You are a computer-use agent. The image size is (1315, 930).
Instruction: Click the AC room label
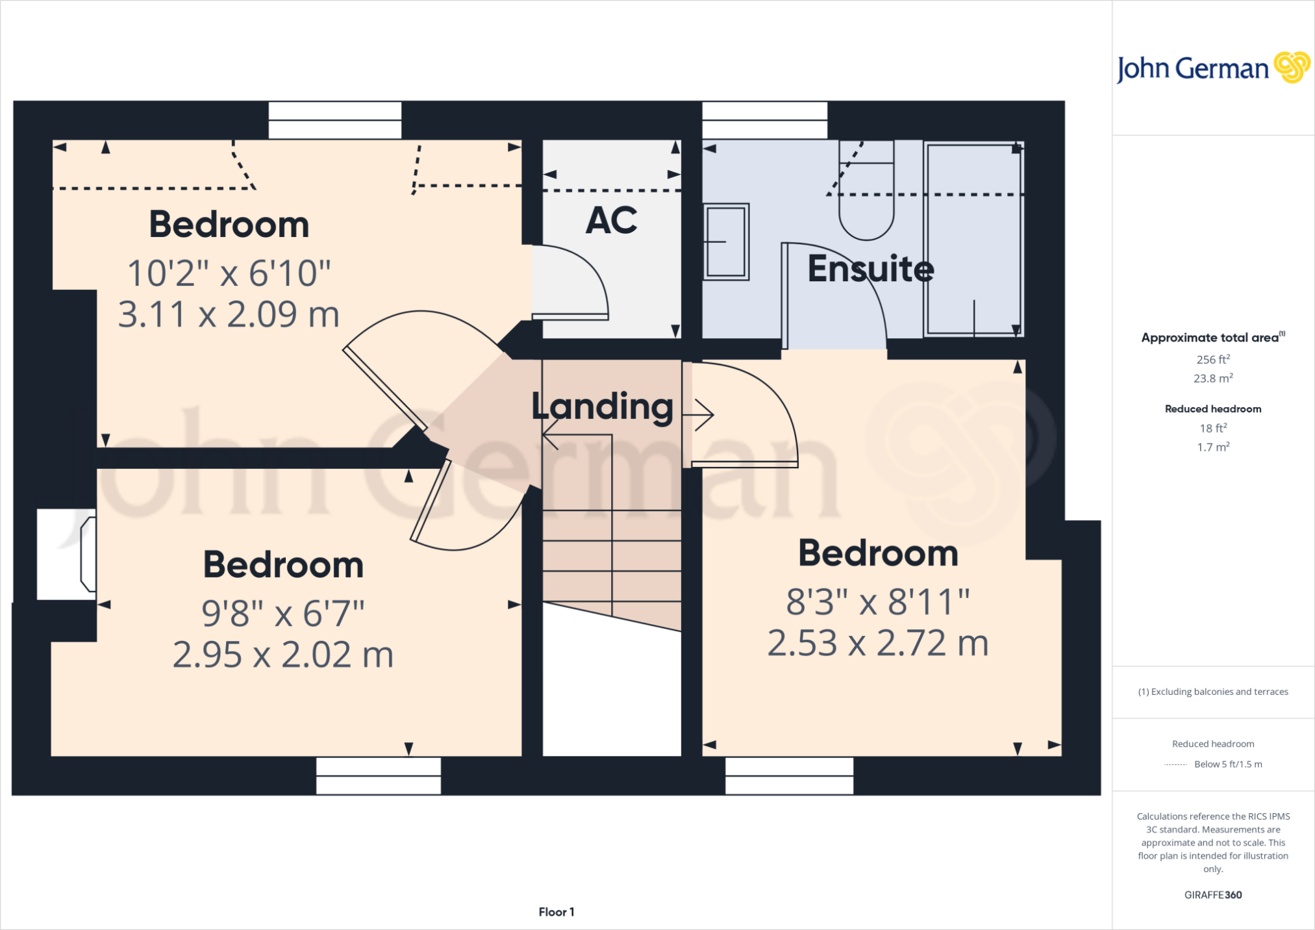pyautogui.click(x=611, y=220)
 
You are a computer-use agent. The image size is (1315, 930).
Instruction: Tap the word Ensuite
pyautogui.click(x=871, y=268)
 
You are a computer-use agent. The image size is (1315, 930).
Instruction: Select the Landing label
pyautogui.click(x=603, y=407)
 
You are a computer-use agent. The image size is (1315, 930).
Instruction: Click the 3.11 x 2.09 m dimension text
pyautogui.click(x=229, y=314)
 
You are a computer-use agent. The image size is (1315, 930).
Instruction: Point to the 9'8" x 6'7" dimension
pyautogui.click(x=283, y=613)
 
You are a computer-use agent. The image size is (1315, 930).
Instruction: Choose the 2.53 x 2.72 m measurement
pyautogui.click(x=878, y=643)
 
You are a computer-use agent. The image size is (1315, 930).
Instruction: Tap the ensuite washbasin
pyautogui.click(x=726, y=242)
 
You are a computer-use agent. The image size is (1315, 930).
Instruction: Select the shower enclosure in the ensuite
pyautogui.click(x=973, y=239)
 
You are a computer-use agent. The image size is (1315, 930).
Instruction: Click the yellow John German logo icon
pyautogui.click(x=1292, y=67)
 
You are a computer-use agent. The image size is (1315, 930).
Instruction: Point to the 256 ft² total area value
pyautogui.click(x=1213, y=359)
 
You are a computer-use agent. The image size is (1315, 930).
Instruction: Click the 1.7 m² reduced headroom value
pyautogui.click(x=1213, y=447)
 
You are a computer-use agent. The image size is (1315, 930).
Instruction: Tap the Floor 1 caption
pyautogui.click(x=557, y=912)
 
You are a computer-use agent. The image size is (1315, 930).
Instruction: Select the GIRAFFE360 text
pyautogui.click(x=1213, y=895)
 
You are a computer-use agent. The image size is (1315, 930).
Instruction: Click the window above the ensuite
pyautogui.click(x=765, y=120)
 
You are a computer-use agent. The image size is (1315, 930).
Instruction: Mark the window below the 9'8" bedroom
pyautogui.click(x=379, y=775)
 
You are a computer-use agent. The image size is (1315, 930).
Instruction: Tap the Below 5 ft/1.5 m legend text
pyautogui.click(x=1228, y=764)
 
